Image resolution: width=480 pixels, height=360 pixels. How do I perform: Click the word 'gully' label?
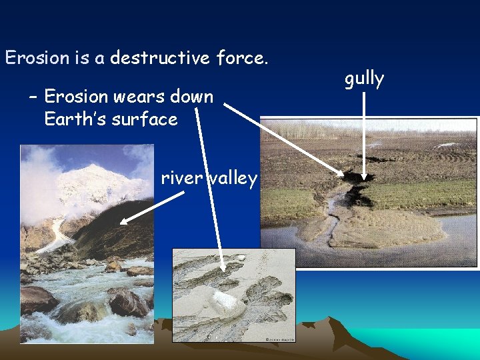[x=364, y=79]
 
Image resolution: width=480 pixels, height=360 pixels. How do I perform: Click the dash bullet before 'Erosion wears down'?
[x=33, y=97]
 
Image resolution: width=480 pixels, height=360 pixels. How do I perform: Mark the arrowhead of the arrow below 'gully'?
[x=364, y=176]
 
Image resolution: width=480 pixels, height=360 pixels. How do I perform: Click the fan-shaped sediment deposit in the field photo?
[x=393, y=227]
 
